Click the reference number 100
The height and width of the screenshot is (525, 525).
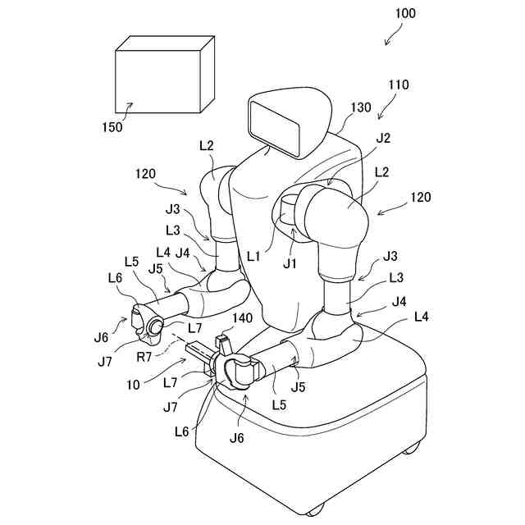pos(404,13)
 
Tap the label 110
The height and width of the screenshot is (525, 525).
pos(399,84)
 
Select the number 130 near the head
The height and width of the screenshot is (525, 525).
pos(362,107)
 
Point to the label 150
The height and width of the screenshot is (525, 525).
pos(112,127)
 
